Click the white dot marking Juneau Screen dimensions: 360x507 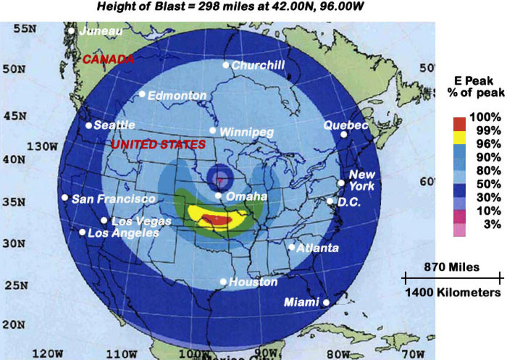[71, 30]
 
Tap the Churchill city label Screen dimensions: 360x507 [258, 65]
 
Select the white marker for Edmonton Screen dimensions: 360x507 [142, 94]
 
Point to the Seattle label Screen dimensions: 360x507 [114, 125]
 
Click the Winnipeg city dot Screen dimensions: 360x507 [213, 130]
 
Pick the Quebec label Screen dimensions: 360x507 [345, 125]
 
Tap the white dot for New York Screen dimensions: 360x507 [341, 183]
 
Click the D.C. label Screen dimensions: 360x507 [349, 202]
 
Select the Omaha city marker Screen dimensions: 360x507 [218, 195]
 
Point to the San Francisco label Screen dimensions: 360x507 [113, 199]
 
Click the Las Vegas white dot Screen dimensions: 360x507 [104, 220]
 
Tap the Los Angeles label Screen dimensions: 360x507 [123, 233]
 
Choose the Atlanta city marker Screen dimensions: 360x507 [292, 247]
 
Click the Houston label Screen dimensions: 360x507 [253, 282]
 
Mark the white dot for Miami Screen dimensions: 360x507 [326, 302]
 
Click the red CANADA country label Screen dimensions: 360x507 [108, 59]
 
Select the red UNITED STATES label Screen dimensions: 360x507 [158, 145]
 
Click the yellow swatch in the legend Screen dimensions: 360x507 [459, 137]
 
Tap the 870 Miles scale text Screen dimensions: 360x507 [452, 267]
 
